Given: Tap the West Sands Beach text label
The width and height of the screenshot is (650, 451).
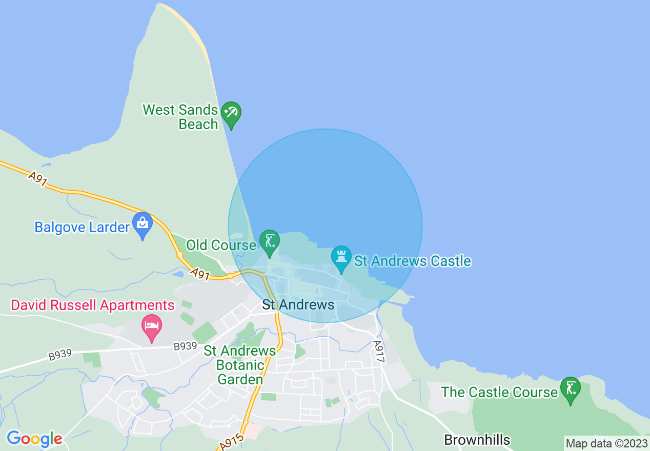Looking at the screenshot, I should [x=180, y=117].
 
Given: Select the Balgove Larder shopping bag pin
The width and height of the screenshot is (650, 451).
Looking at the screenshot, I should [x=143, y=224].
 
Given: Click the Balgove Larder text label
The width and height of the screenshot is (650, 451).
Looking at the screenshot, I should [x=82, y=227].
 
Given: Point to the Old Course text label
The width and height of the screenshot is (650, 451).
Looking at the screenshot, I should [x=221, y=245].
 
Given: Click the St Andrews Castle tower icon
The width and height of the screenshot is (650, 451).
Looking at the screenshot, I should [x=341, y=256].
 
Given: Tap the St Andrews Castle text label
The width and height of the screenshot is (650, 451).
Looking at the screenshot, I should [x=413, y=261].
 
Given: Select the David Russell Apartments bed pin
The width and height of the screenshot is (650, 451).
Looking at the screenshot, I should [x=152, y=326].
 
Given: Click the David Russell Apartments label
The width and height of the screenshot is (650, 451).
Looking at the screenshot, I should [x=93, y=305].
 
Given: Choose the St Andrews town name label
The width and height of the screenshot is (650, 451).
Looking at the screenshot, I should [x=298, y=305].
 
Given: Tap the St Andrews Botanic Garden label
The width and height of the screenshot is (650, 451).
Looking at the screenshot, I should [x=240, y=365].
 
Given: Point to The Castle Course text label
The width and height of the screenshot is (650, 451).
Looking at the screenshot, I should [x=499, y=393].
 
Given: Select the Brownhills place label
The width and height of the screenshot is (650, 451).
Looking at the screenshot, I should [x=477, y=440].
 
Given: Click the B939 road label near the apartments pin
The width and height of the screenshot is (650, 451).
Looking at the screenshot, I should [x=185, y=346].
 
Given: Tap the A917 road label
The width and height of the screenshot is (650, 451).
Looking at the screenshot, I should [x=378, y=352].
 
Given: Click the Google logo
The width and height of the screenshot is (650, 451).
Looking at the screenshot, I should [x=34, y=439].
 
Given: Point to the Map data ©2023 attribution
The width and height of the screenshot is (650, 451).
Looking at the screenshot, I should [x=606, y=443].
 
